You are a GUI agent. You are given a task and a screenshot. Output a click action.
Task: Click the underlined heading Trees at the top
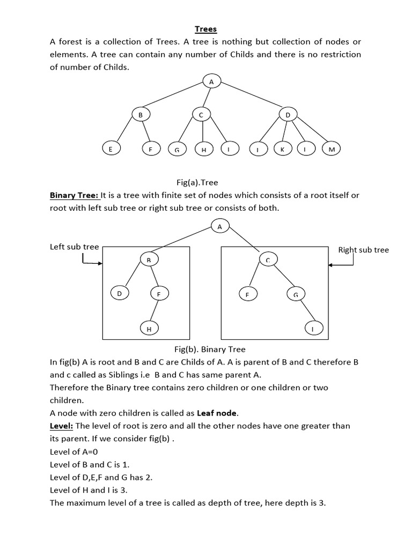point(206,29)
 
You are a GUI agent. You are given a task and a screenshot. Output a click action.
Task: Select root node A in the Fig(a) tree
point(211,81)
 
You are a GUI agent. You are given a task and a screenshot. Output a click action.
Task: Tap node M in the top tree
point(331,150)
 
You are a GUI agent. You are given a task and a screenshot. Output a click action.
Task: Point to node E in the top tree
point(111,150)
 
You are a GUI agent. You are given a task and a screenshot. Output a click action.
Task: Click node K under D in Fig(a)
point(282,150)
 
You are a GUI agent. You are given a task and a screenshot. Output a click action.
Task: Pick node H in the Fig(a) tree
point(204,150)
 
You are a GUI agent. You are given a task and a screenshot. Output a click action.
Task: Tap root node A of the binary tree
point(219,226)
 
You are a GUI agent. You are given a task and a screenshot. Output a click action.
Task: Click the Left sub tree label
point(74,247)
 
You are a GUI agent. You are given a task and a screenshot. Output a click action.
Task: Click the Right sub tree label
point(363,250)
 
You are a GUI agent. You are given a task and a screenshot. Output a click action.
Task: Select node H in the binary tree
point(149,329)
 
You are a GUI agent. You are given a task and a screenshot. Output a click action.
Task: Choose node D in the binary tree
point(119,293)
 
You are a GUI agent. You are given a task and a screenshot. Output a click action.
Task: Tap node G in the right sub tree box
point(295,294)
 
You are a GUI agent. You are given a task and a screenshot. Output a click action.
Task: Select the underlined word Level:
point(61,426)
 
